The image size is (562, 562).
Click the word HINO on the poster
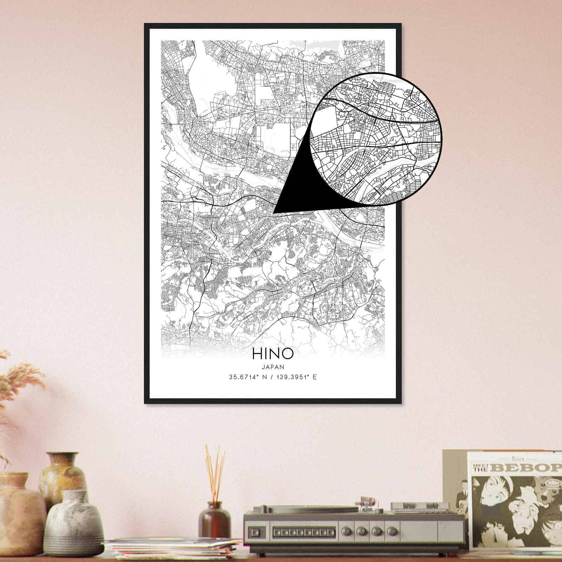coord(272,354)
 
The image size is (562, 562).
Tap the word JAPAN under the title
coord(273,366)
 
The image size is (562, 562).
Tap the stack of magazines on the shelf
coord(172,548)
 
